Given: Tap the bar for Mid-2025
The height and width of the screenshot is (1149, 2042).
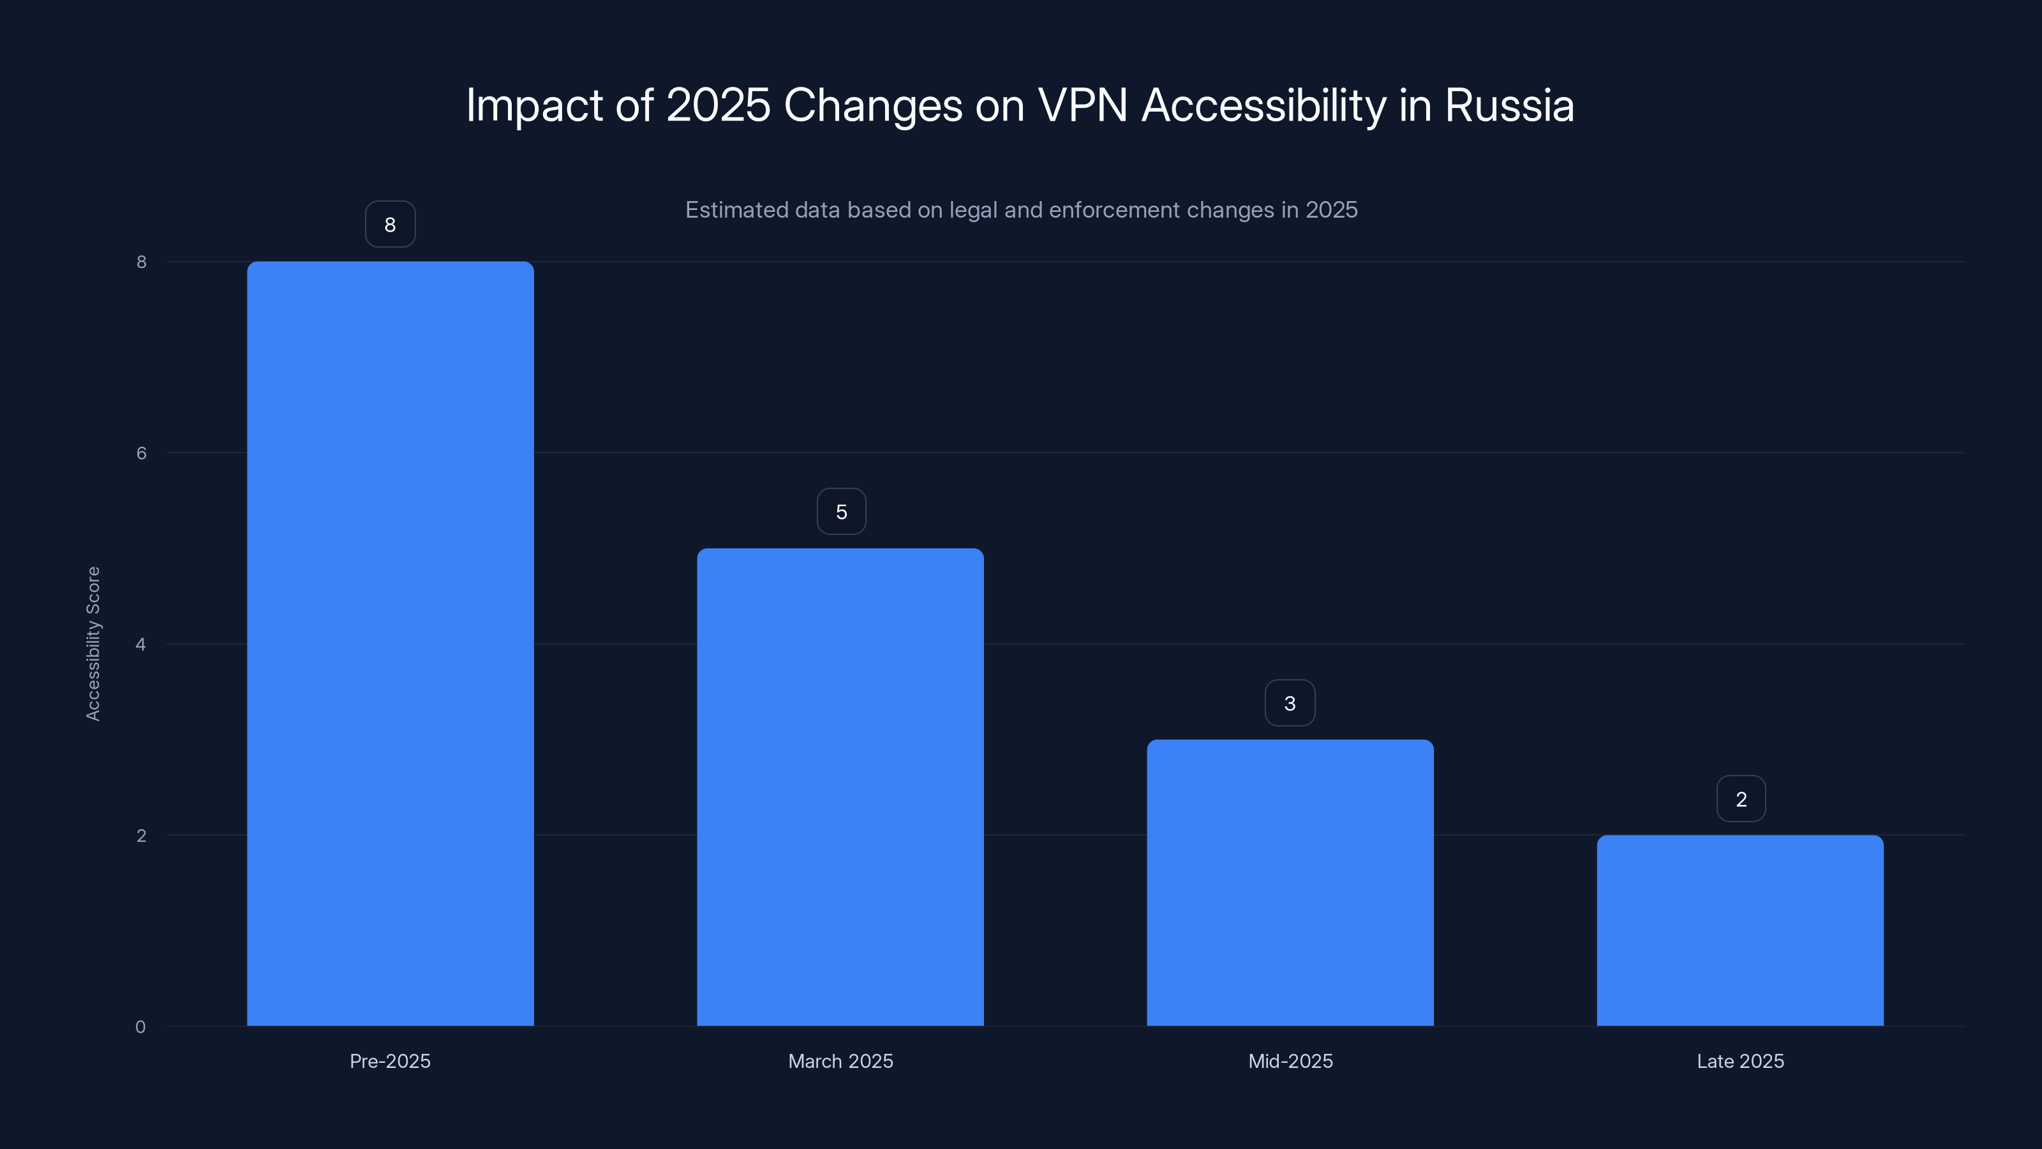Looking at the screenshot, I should tap(1290, 883).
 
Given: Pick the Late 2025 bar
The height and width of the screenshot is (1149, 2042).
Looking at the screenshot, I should tap(1740, 930).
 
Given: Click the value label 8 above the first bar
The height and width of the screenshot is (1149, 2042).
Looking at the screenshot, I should tap(390, 225).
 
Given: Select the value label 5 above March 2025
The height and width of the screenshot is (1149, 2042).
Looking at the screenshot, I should tap(841, 511).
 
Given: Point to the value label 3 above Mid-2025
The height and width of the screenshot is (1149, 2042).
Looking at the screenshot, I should tap(1290, 703).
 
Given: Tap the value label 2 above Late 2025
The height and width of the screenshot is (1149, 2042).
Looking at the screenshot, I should tap(1741, 799).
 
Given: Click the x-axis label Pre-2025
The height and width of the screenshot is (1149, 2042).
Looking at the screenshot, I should tap(390, 1061).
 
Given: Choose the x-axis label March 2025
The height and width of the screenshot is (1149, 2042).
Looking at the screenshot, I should tap(840, 1061).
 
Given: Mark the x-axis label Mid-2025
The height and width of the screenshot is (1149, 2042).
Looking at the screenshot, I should tap(1290, 1061).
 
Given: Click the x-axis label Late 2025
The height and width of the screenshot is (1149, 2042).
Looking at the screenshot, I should tap(1740, 1061).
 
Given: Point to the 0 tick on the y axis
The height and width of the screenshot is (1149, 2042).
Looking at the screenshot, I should tap(140, 1027).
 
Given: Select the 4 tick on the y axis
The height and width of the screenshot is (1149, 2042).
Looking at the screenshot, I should tap(140, 644).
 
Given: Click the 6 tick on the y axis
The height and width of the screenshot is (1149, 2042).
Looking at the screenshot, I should tap(141, 453).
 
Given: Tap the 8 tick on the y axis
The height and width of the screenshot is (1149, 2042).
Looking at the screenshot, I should tap(141, 262).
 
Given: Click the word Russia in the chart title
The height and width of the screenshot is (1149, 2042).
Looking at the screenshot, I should tap(1509, 105).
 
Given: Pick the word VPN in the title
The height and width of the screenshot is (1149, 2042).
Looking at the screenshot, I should tap(1082, 105).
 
